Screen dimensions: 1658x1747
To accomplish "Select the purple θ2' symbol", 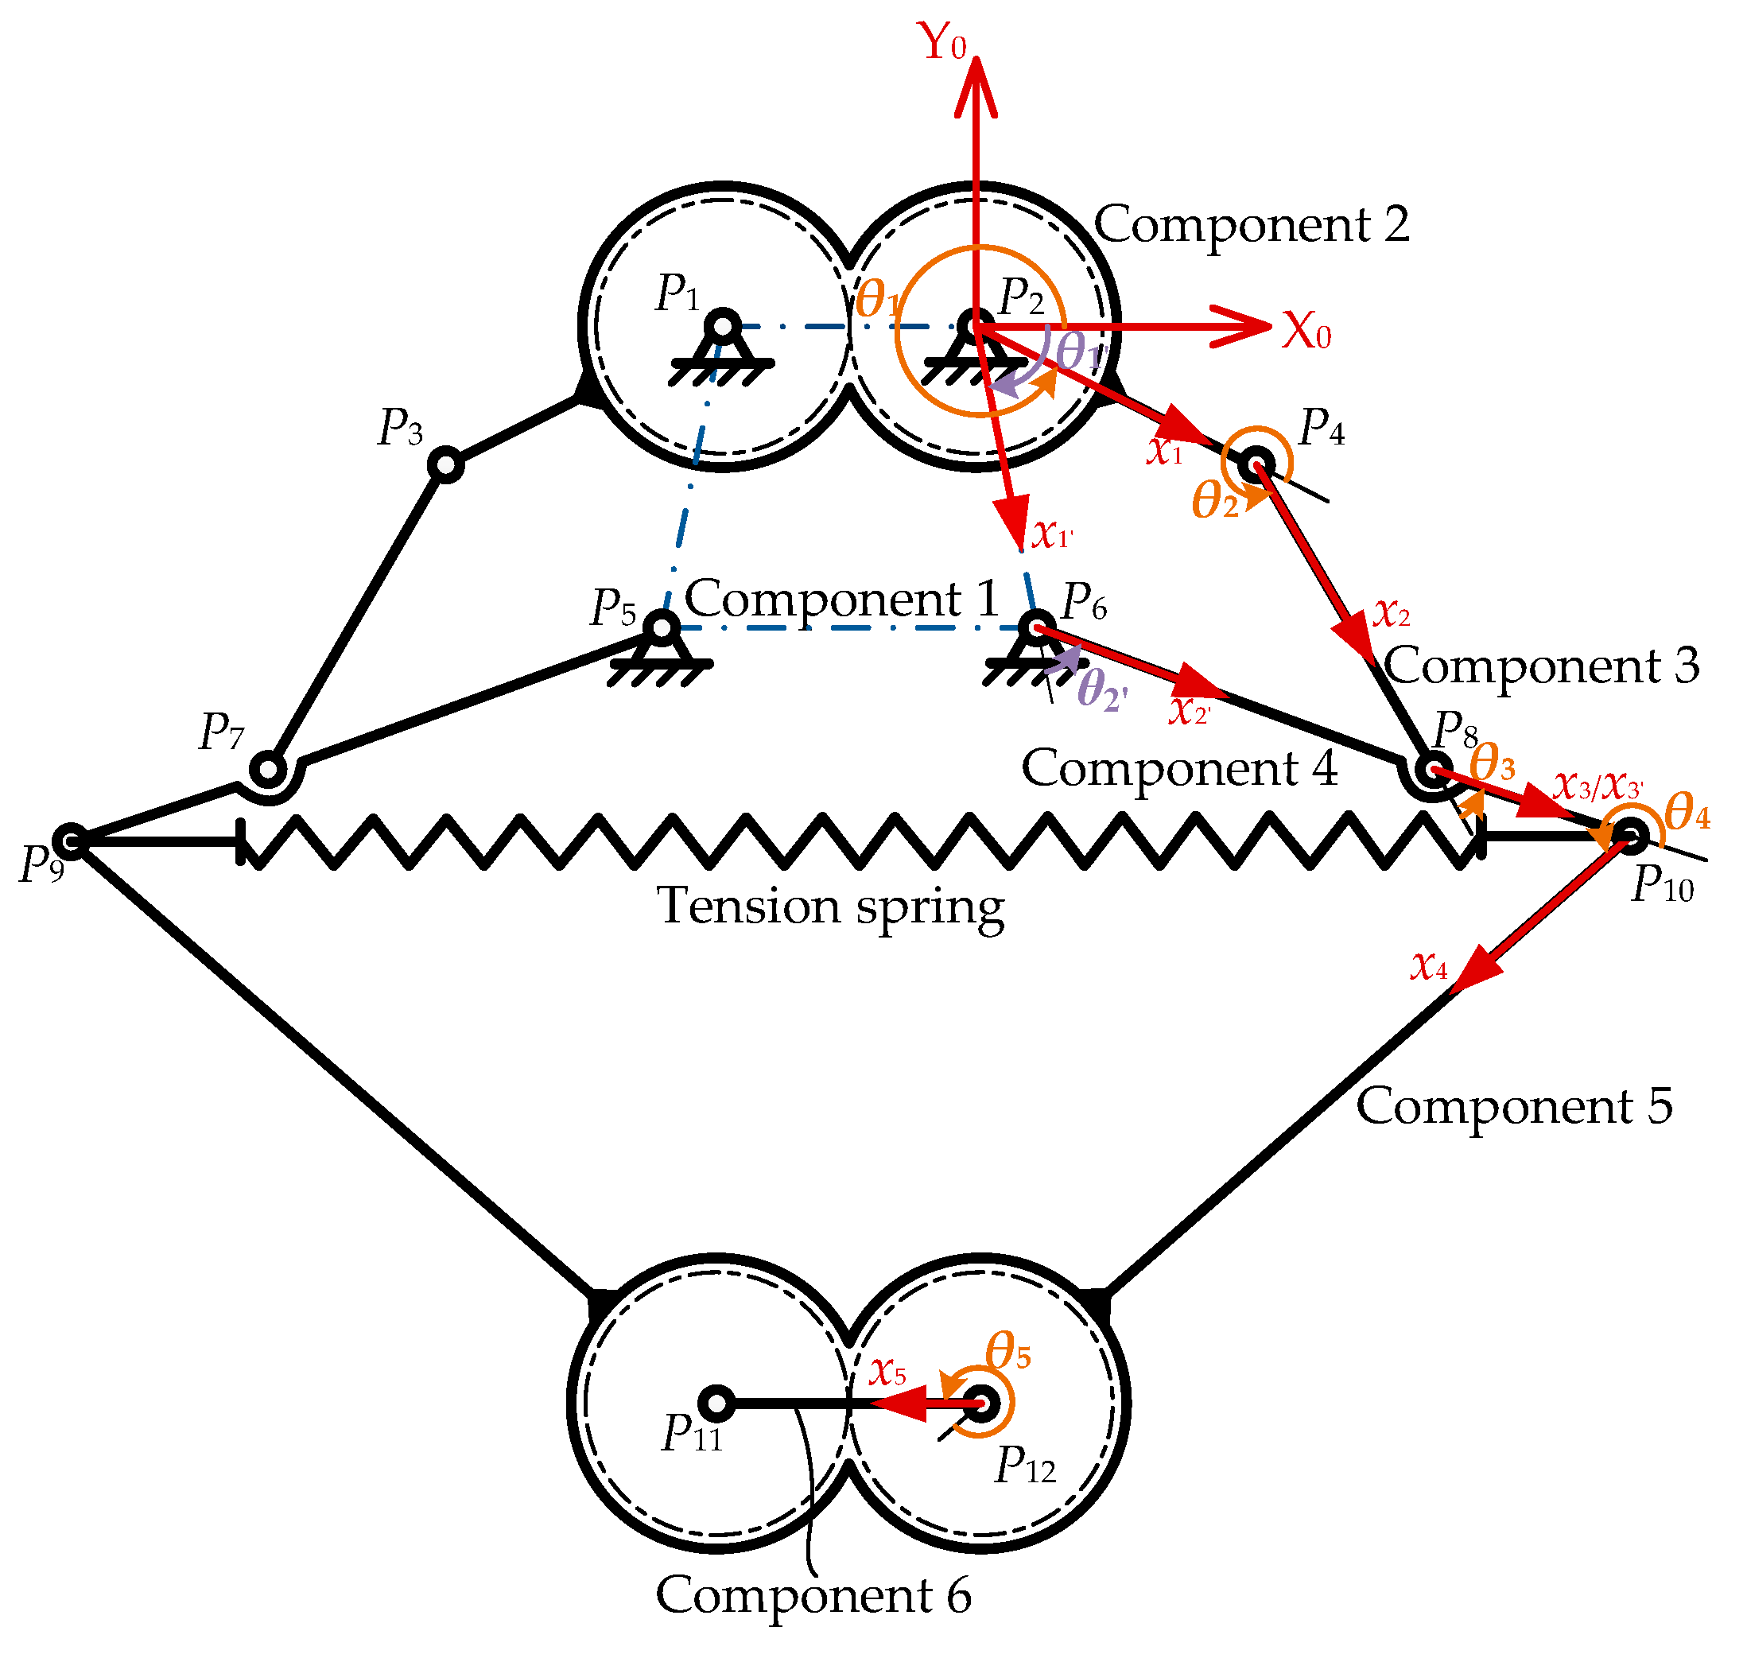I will click(1102, 690).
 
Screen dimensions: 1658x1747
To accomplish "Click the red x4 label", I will click(1430, 966).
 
